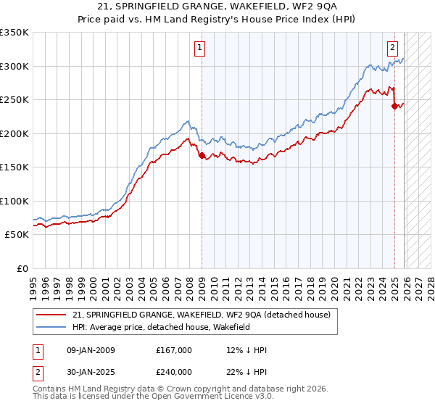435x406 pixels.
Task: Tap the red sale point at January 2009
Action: pos(202,154)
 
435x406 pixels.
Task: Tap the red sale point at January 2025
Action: pos(395,105)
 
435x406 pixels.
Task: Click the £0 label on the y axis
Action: pos(22,268)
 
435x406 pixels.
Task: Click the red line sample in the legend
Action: pos(51,315)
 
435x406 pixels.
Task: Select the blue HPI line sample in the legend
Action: pos(51,328)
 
